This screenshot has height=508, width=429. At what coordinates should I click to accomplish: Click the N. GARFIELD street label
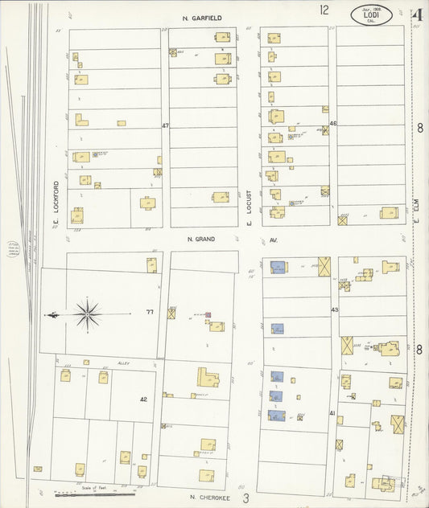point(201,18)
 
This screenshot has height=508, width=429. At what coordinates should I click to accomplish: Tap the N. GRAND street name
point(198,239)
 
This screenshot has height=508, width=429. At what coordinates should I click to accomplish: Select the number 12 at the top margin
point(324,10)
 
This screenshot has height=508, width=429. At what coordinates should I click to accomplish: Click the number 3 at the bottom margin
point(246,498)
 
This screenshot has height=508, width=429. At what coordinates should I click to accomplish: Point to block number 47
point(166,126)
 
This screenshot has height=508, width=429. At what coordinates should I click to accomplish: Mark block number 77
point(149,312)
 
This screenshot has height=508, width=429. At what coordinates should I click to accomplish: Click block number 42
point(143,399)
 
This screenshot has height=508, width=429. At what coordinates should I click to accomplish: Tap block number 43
point(332,309)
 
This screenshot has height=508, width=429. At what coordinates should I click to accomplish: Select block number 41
point(332,412)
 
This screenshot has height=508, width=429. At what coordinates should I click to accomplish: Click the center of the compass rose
point(87,313)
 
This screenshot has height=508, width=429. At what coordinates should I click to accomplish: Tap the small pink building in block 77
point(208,314)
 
